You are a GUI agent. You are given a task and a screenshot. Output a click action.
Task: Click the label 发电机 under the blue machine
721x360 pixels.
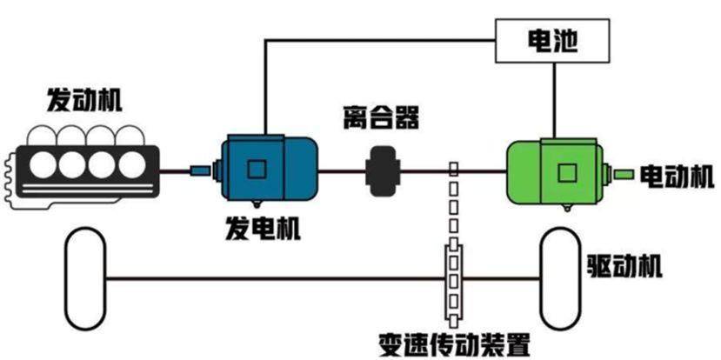click(262, 230)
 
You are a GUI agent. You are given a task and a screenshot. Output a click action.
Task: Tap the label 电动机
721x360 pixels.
click(677, 174)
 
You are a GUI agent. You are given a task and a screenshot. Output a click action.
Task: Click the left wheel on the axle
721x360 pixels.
click(85, 277)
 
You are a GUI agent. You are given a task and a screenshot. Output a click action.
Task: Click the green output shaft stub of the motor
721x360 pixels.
click(624, 174)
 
